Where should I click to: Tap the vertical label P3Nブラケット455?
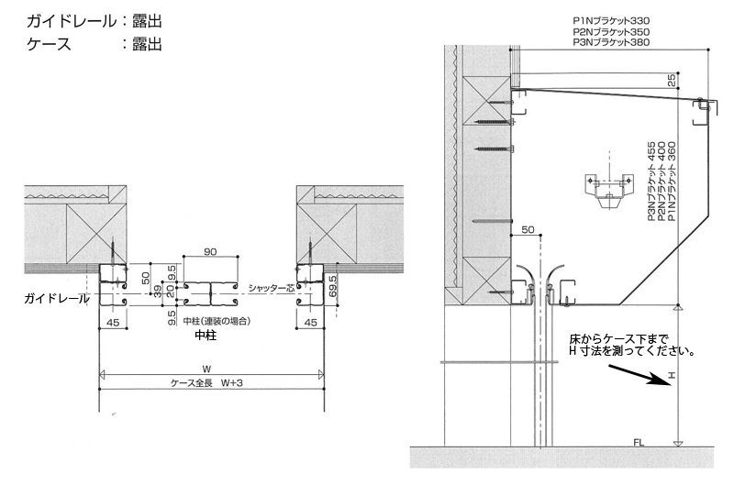651,182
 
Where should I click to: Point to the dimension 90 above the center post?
210,251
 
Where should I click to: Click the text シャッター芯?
267,289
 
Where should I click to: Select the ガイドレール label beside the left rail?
57,299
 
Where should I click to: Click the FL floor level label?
639,444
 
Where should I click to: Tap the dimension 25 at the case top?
672,81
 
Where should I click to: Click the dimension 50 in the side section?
527,229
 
